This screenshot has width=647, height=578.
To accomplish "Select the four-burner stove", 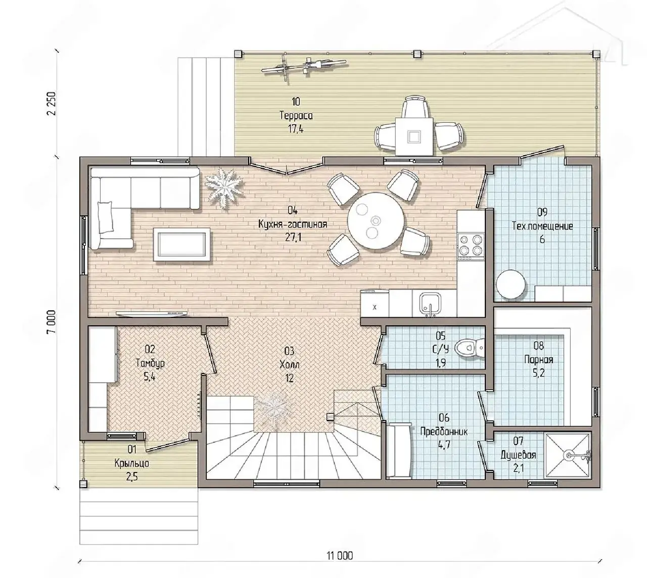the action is coord(471,246).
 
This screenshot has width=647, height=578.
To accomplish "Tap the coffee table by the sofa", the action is coord(181,245).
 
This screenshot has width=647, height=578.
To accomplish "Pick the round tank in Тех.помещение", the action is coord(511,285).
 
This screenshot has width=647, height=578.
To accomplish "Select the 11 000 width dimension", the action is coord(340,556).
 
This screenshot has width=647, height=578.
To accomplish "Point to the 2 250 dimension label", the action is coord(52,104).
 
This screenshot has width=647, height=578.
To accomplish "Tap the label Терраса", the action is coord(296,116).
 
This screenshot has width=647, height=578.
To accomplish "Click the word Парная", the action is coord(539,360).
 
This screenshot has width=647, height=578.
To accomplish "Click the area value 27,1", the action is coord(293,237).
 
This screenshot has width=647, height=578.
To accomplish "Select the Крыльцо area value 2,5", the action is coord(132,477).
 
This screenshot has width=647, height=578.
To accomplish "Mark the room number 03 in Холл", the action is coord(289,351).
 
